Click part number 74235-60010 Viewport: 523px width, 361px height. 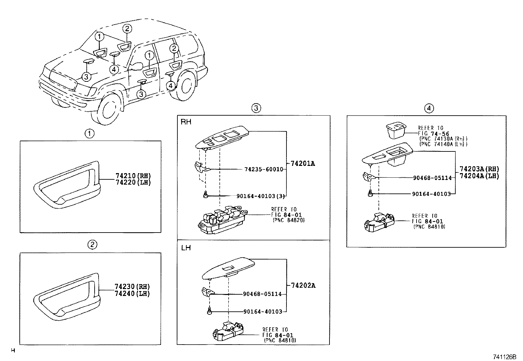[263, 169]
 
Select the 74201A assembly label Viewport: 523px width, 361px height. [303, 163]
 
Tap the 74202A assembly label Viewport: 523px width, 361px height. [303, 285]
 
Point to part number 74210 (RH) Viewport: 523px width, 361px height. [133, 176]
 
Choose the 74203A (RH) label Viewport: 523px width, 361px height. [479, 169]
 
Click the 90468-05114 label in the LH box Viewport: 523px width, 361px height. [262, 294]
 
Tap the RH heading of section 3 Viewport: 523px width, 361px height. [186, 122]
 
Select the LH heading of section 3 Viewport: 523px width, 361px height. [186, 247]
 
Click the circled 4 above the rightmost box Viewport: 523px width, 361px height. [429, 108]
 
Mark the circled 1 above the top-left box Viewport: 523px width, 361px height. [89, 133]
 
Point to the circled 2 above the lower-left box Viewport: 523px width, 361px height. [92, 244]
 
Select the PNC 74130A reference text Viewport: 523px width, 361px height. [443, 139]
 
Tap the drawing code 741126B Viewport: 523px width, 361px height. [504, 357]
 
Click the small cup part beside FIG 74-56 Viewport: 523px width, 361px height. [396, 130]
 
